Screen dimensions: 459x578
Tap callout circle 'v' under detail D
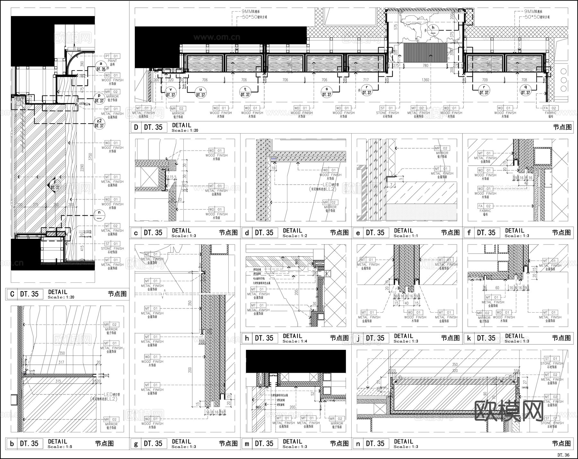click(171, 92)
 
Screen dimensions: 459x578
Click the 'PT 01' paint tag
click(112, 56)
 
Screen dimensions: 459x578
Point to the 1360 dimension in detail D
click(425, 80)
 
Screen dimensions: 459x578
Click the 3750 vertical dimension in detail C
click(91, 157)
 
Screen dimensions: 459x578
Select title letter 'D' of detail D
click(136, 127)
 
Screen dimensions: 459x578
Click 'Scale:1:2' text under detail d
click(295, 236)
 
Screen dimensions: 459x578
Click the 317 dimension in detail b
click(61, 362)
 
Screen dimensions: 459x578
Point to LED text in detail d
click(328, 185)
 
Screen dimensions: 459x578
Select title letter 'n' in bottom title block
click(358, 444)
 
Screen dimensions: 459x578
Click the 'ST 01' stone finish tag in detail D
click(387, 108)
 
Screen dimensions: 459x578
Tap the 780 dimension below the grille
click(425, 66)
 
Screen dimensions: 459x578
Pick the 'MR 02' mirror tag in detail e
click(442, 148)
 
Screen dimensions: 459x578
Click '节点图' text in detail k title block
click(561, 338)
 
